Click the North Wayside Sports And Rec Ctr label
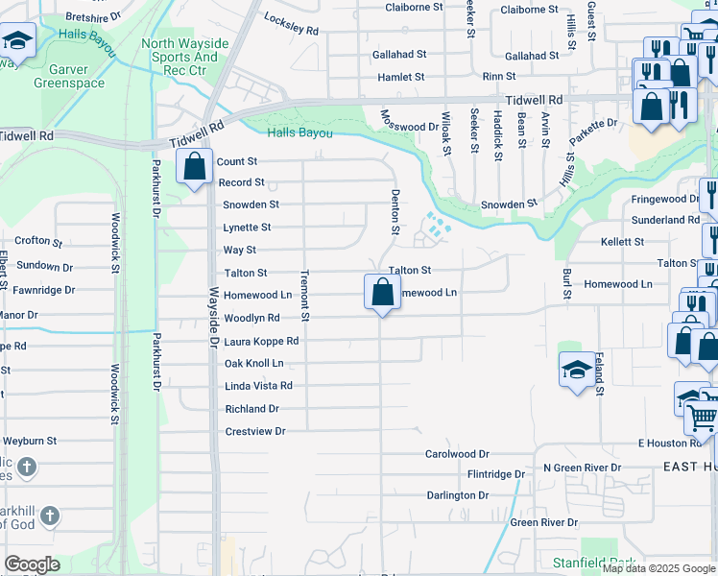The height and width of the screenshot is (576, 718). pyautogui.click(x=185, y=57)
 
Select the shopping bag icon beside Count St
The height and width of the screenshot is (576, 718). pyautogui.click(x=195, y=166)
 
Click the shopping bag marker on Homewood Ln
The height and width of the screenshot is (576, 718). pyautogui.click(x=382, y=291)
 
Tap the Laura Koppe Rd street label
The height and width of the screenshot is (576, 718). pyautogui.click(x=261, y=341)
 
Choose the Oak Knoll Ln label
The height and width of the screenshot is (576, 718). pyautogui.click(x=253, y=364)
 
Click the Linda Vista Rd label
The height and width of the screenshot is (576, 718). pyautogui.click(x=257, y=386)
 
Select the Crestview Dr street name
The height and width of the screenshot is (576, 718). pyautogui.click(x=255, y=431)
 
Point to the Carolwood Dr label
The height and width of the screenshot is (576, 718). pyautogui.click(x=457, y=453)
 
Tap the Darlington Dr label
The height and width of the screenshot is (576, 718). pyautogui.click(x=457, y=495)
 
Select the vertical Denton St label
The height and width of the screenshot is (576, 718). pyautogui.click(x=395, y=211)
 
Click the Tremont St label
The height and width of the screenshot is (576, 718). pyautogui.click(x=304, y=295)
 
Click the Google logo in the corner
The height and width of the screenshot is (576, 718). pyautogui.click(x=32, y=564)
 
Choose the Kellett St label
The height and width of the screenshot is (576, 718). pyautogui.click(x=622, y=242)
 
